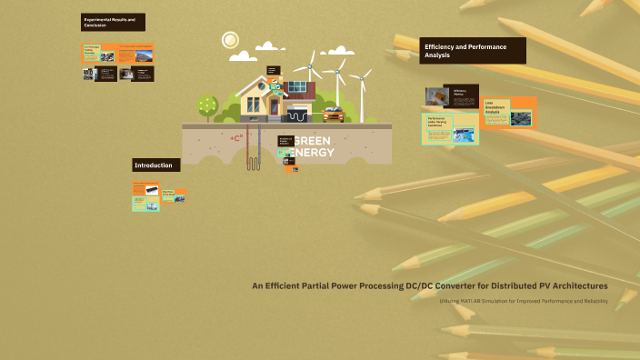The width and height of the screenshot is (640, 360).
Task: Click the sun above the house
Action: pos(230,40)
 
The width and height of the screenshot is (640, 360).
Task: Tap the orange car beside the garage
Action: pos(333,114)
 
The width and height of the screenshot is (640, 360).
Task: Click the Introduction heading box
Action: pos(156,165)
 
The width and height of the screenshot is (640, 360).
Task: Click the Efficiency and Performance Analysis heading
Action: pos(472,51)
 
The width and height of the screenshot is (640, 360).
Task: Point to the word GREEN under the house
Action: pos(314,141)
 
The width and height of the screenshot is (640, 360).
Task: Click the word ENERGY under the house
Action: pos(314,152)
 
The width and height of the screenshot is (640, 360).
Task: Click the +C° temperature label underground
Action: pos(236,138)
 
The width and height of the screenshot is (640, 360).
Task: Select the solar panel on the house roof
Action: pos(297,87)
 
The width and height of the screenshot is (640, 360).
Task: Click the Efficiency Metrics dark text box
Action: pos(463,95)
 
